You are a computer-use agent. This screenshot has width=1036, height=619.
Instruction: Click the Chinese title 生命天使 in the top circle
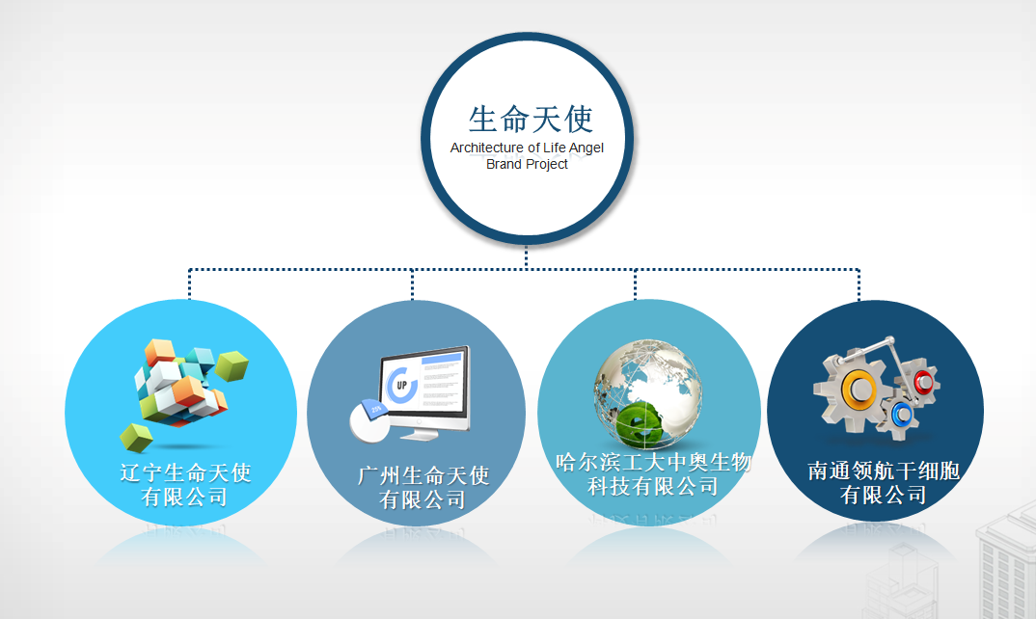[x=531, y=120]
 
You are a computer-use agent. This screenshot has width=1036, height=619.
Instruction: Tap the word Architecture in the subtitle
[x=487, y=148]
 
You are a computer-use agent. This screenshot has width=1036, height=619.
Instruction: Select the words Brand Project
[x=527, y=165]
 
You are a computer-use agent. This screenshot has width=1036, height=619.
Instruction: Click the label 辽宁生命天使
[x=185, y=473]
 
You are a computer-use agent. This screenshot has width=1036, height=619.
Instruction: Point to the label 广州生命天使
[x=423, y=475]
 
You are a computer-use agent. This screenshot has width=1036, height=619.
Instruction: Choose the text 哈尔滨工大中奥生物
[x=653, y=462]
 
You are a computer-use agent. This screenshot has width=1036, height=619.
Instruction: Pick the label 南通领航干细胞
[x=884, y=471]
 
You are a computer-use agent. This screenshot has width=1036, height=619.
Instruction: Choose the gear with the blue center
[x=901, y=415]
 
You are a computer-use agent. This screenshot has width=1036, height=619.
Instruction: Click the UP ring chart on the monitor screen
[x=401, y=385]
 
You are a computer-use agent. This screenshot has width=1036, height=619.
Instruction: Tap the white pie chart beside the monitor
[x=369, y=420]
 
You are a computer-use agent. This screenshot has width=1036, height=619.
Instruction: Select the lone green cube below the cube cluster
[x=136, y=438]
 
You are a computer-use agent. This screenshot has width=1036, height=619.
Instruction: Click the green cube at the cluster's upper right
[x=232, y=366]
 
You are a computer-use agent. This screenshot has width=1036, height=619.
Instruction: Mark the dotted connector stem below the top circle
[x=526, y=257]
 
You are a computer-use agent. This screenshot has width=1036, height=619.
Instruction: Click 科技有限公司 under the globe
[x=653, y=487]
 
